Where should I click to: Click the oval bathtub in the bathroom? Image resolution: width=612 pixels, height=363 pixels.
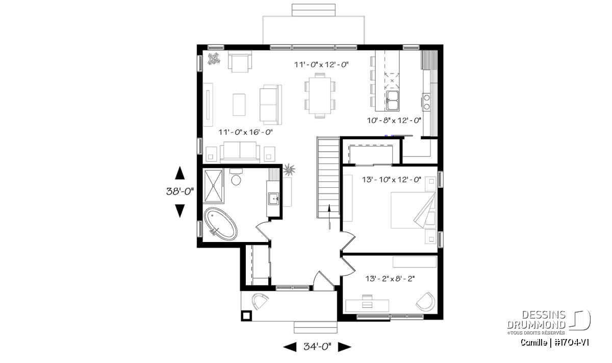221,224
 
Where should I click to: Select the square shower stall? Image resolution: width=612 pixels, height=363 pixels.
213,186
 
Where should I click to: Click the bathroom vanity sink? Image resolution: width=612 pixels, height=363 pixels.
273,199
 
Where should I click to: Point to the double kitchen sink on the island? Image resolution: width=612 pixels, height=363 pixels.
392,101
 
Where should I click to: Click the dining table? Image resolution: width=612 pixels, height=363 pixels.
320,95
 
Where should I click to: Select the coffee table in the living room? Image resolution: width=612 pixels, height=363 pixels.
239,105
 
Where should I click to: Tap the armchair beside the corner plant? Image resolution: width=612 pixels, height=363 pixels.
240,62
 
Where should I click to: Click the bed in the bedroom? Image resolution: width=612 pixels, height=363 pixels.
413,210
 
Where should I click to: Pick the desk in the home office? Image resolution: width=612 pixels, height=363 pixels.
367,305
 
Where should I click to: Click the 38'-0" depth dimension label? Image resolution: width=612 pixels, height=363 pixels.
180,191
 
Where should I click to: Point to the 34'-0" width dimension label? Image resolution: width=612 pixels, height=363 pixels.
317,347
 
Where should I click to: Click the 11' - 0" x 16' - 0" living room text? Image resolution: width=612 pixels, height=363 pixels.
246,132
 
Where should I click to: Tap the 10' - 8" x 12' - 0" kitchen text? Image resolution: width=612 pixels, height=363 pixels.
394,120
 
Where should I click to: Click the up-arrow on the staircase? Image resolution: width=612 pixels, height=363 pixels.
329,216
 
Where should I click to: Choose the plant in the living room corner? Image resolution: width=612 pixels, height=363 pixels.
214,59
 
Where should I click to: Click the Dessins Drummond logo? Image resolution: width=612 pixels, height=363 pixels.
549,322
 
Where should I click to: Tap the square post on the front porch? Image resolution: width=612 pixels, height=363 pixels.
246,316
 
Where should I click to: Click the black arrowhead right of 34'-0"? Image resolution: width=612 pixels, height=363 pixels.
345,347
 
